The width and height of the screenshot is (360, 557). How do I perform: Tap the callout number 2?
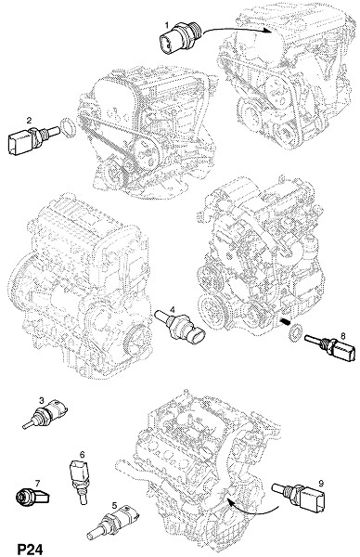29,120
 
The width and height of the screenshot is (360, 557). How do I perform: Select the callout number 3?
42,401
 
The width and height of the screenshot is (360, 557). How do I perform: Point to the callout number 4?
173,309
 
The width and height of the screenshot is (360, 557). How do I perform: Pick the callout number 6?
83,454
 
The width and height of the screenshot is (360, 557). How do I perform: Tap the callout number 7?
37,483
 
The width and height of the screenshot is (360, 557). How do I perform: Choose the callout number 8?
342,335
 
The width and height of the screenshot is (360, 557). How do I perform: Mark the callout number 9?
321,483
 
